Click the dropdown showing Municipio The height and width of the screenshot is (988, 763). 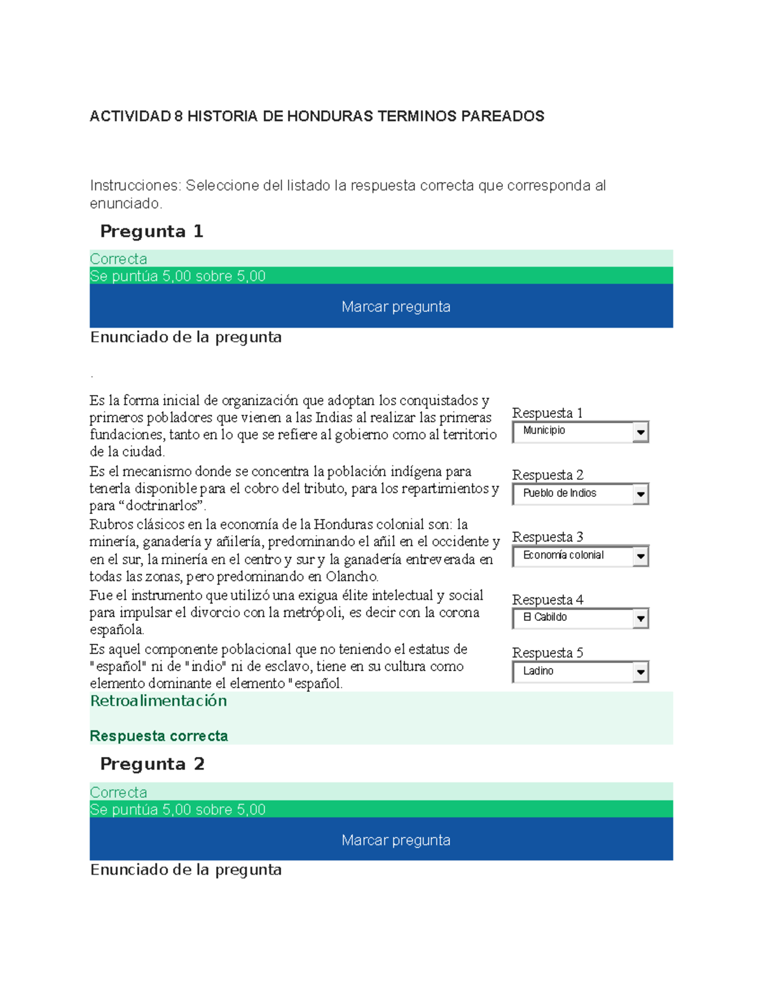click(x=572, y=431)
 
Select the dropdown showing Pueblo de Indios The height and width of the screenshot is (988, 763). click(x=572, y=494)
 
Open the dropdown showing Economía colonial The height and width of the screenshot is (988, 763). click(x=572, y=555)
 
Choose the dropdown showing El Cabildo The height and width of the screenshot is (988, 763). click(x=572, y=618)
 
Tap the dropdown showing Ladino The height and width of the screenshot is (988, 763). click(x=572, y=671)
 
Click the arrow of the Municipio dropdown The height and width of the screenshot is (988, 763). click(x=640, y=432)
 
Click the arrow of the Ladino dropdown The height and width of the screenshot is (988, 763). click(x=640, y=672)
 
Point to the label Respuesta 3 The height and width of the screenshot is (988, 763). click(x=547, y=537)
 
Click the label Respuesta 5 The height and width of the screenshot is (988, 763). click(x=547, y=653)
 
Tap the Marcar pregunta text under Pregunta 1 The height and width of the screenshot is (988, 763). click(x=395, y=307)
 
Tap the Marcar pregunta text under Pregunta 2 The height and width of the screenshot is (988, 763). click(x=395, y=840)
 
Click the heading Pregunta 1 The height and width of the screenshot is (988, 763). click(x=151, y=232)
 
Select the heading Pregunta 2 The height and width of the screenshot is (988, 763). click(x=152, y=764)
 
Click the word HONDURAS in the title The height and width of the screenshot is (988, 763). click(x=330, y=116)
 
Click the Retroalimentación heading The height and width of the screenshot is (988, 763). click(x=158, y=701)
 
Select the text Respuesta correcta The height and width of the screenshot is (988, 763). click(x=159, y=736)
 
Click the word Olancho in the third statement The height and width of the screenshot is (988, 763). click(x=352, y=577)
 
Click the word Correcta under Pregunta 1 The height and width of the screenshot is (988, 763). click(x=118, y=259)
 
